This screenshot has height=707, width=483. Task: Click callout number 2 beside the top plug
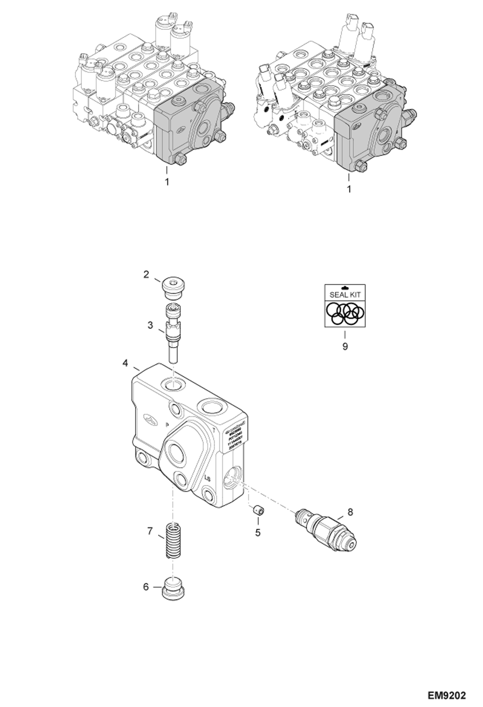[x=146, y=275]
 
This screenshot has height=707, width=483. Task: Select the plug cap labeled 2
[x=174, y=289]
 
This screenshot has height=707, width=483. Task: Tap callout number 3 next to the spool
[x=150, y=325]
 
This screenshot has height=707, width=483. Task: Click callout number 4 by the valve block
[x=125, y=363]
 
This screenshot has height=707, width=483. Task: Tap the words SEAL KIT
[x=345, y=295]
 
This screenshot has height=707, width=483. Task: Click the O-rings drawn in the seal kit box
[x=345, y=314]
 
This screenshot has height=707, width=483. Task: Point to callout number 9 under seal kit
[x=345, y=347]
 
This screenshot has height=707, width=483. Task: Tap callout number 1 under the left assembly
[x=167, y=182]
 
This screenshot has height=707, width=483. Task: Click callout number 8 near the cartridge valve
[x=350, y=512]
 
